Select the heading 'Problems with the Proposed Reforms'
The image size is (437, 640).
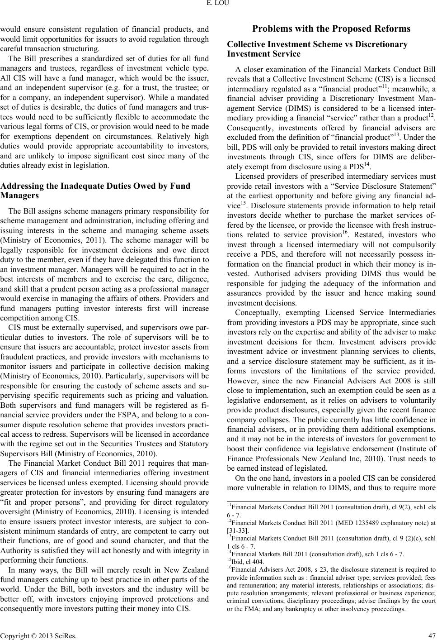[331, 29]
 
